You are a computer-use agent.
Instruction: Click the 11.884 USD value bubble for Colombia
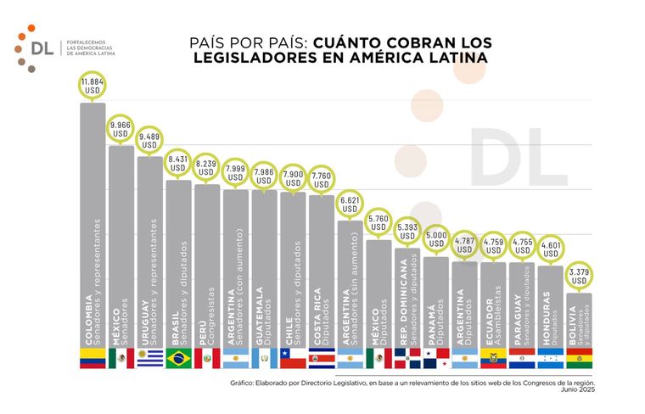pos(92,86)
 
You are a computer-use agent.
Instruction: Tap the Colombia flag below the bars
pos(92,358)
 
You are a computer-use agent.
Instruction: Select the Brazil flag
pos(178,358)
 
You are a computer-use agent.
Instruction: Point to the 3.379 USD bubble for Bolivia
pos(579,277)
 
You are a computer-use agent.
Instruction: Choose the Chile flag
pos(293,358)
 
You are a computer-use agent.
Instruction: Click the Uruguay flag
pos(149,358)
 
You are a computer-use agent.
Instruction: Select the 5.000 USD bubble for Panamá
pos(435,240)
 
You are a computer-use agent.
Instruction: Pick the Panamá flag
pos(435,358)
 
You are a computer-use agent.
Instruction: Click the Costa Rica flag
pos(322,358)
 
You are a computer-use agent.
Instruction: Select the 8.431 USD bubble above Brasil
pos(178,163)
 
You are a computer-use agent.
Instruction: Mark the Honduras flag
pos(550,358)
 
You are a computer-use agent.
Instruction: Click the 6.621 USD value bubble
pos(351,204)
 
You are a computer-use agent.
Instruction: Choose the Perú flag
pos(207,358)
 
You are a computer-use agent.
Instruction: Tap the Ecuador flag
pos(493,358)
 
